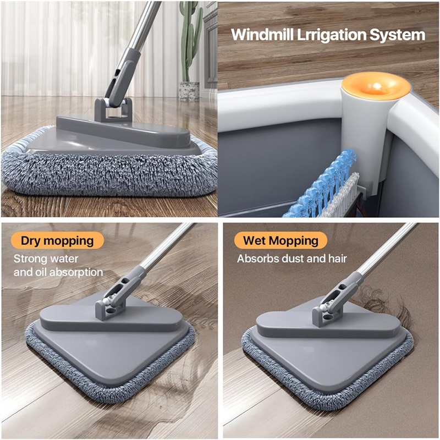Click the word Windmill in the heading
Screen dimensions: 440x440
tap(262, 35)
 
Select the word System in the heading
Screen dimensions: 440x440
tap(397, 36)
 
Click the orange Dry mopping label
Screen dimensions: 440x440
tap(57, 240)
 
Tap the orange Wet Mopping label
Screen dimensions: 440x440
tap(280, 240)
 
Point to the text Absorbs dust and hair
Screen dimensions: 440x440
tap(292, 258)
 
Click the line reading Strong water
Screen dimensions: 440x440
tap(46, 258)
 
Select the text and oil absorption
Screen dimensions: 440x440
tap(58, 272)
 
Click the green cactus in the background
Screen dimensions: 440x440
tap(191, 39)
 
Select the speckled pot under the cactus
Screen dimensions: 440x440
tap(189, 91)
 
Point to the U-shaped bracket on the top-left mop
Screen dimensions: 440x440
tap(113, 110)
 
